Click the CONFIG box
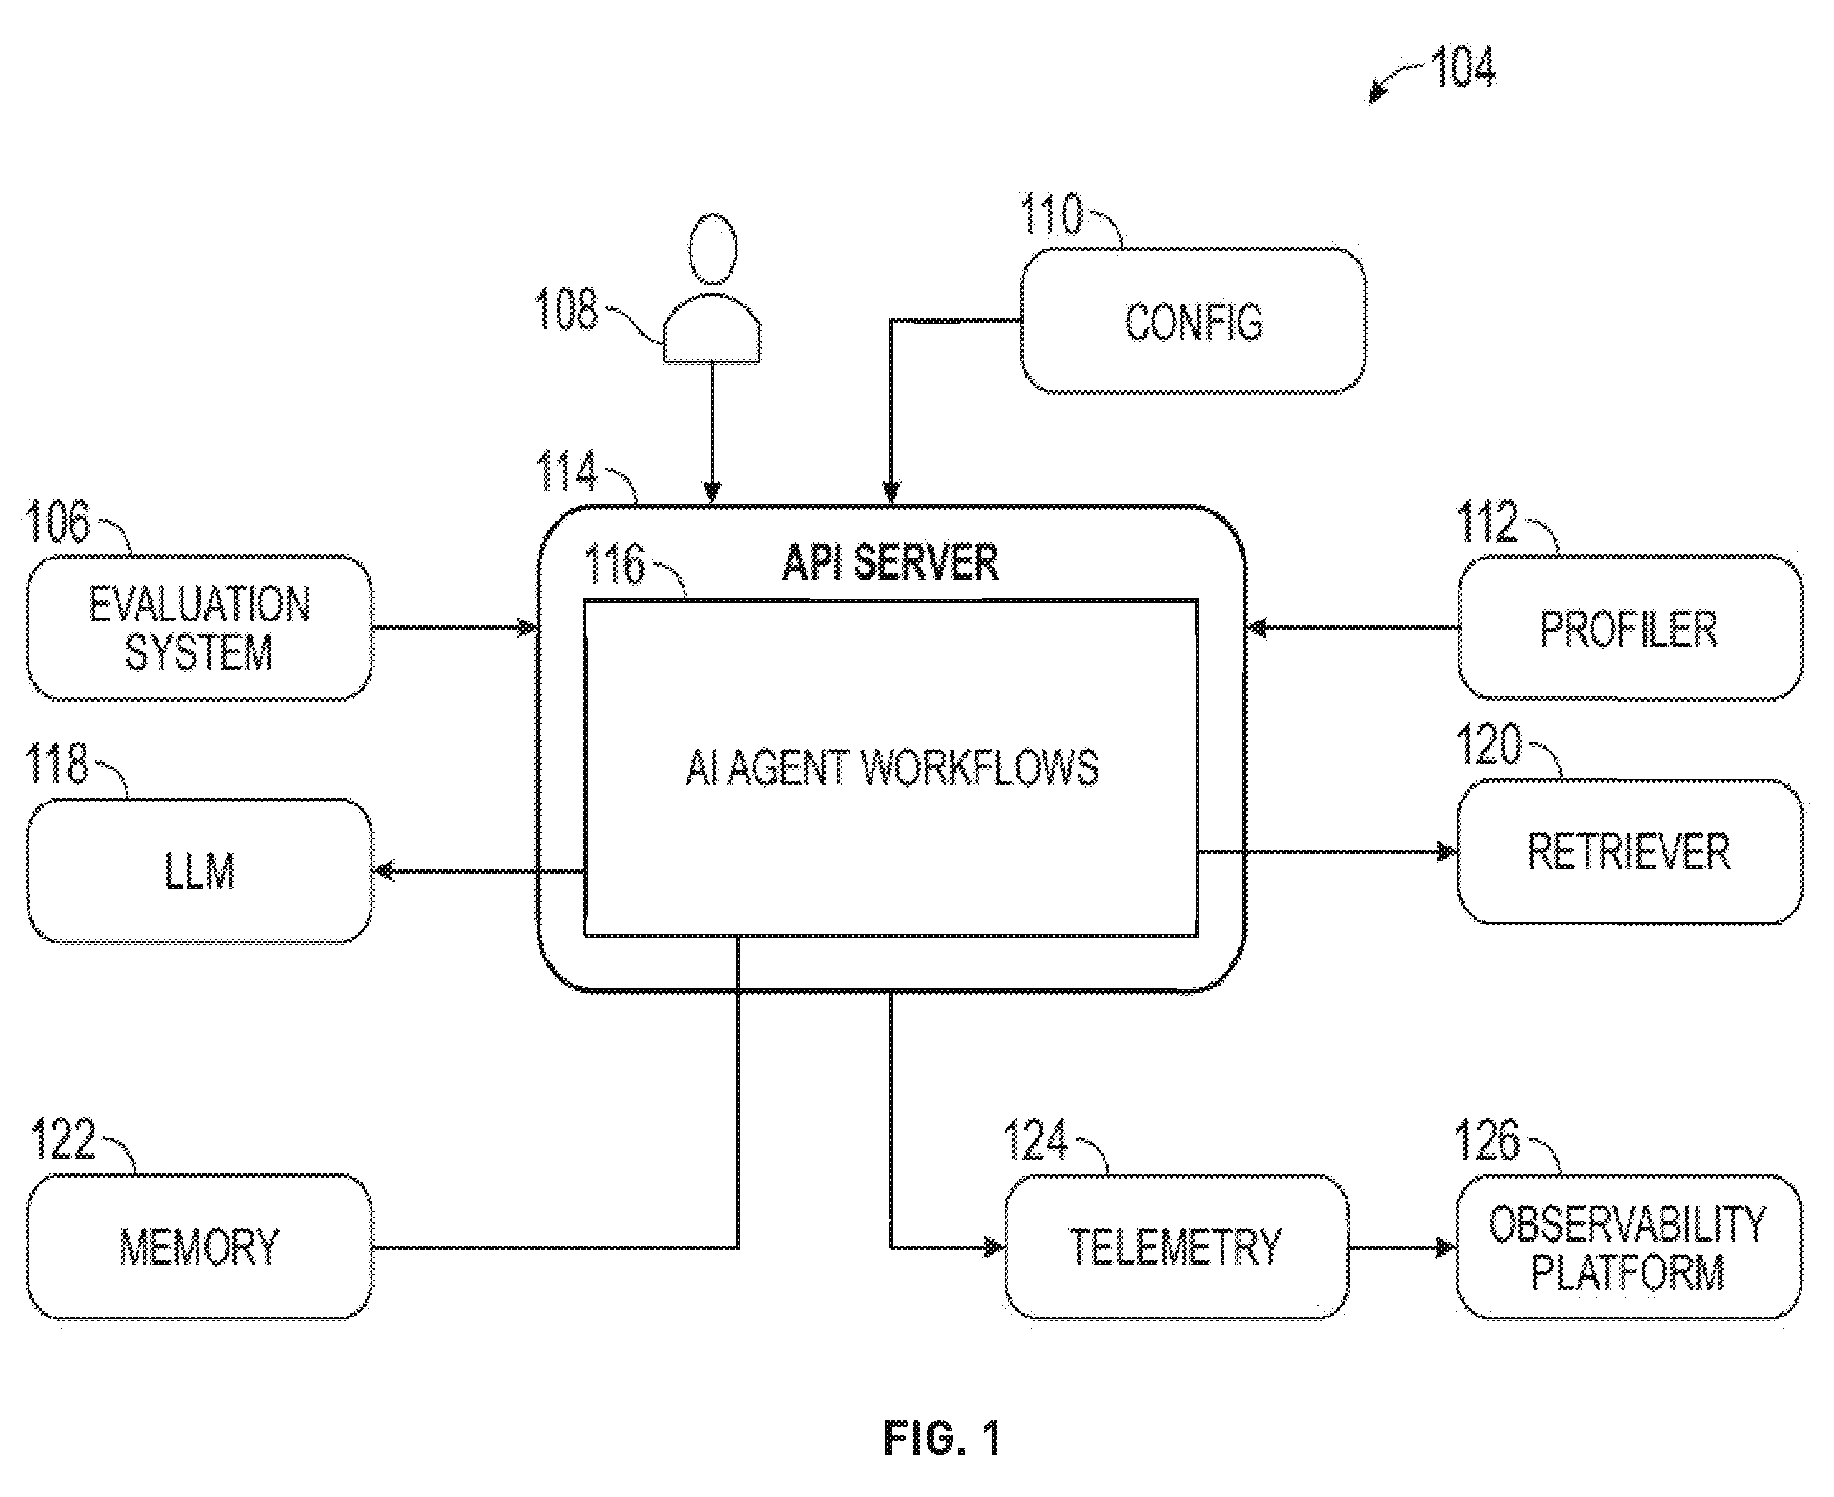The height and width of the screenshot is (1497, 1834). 1193,321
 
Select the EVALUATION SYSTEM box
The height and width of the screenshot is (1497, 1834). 200,628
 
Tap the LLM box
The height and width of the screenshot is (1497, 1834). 200,871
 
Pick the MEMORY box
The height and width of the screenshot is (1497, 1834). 200,1247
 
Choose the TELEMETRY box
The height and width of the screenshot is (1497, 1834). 1177,1247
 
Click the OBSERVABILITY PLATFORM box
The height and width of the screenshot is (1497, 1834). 1630,1247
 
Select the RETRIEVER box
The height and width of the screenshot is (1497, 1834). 1630,852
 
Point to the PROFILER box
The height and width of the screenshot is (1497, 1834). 1630,628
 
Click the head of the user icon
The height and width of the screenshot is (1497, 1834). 713,249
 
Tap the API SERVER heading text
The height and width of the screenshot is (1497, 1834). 890,562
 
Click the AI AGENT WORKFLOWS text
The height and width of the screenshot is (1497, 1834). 892,768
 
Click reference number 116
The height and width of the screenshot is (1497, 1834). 614,565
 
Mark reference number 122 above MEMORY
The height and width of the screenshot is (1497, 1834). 62,1139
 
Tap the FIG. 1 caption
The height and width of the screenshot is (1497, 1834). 942,1438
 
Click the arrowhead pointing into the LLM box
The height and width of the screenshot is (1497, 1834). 384,871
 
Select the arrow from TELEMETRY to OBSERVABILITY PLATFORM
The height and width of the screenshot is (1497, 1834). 1403,1247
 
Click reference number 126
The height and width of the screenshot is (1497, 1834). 1487,1139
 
